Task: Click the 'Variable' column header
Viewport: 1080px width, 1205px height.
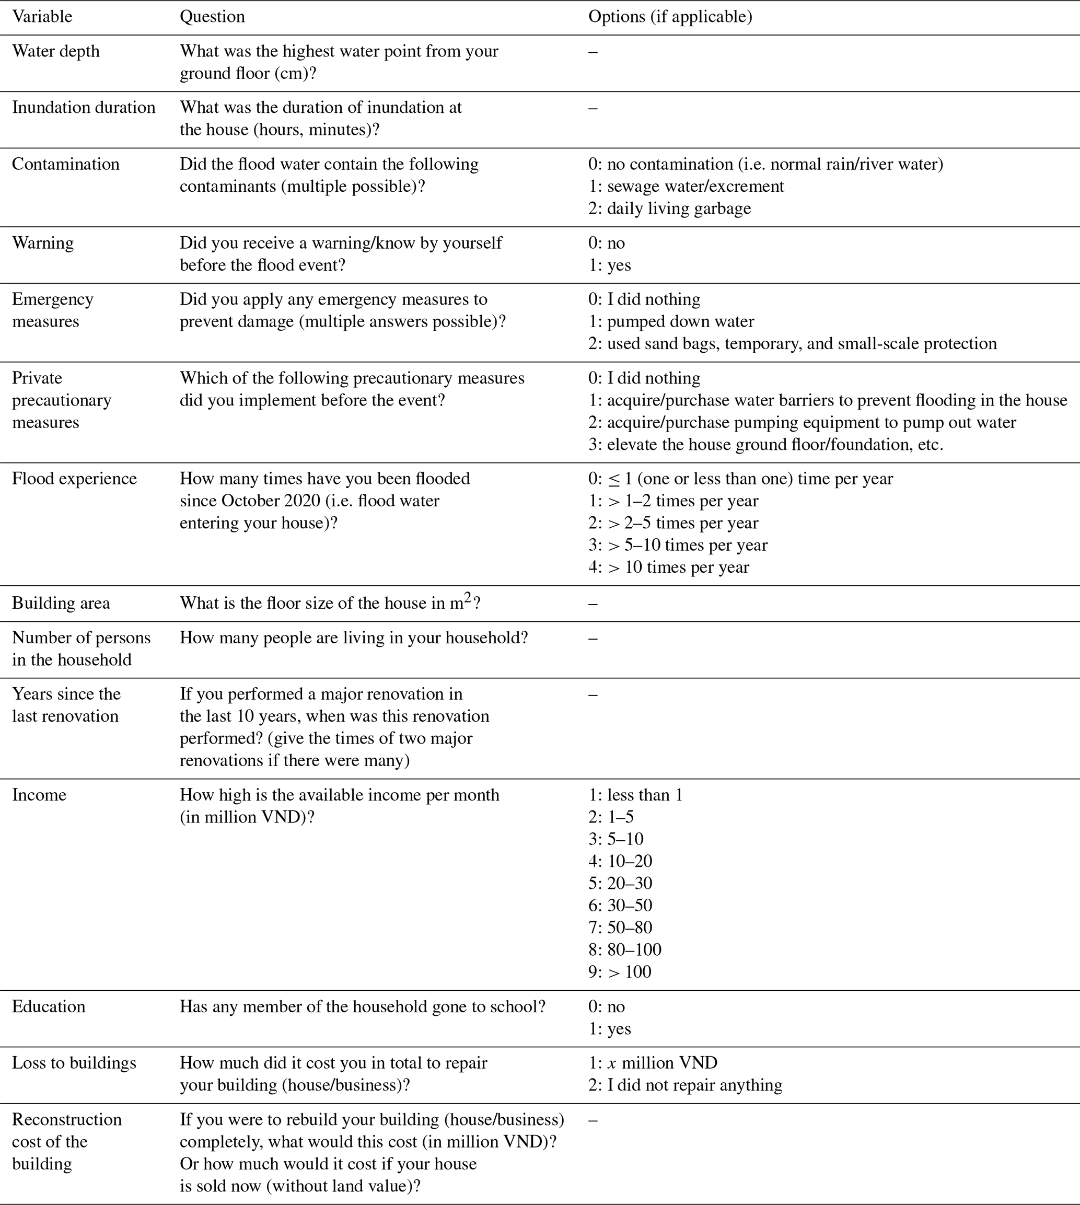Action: [x=42, y=17]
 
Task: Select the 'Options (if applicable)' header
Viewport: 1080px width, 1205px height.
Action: [x=670, y=17]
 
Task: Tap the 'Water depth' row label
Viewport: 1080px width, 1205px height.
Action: [x=56, y=51]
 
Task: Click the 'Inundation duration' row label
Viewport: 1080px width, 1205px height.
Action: [x=84, y=108]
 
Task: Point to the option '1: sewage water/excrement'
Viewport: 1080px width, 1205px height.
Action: [x=686, y=187]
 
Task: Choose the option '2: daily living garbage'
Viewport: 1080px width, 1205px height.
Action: [x=669, y=208]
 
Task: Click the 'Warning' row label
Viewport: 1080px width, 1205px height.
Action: [x=43, y=243]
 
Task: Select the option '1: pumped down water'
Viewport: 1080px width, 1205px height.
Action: [x=671, y=322]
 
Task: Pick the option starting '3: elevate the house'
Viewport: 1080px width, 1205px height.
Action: [x=765, y=445]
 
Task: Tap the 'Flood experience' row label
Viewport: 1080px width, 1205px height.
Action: [x=74, y=479]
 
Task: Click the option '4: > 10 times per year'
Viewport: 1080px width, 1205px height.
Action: [x=669, y=567]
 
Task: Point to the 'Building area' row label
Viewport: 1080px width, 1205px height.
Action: [x=61, y=603]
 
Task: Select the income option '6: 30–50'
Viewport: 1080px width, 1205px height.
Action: [x=620, y=905]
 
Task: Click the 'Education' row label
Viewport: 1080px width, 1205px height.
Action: [x=49, y=1007]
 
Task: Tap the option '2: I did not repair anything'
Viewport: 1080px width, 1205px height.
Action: [x=686, y=1085]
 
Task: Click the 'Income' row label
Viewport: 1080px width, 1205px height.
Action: [x=39, y=795]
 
